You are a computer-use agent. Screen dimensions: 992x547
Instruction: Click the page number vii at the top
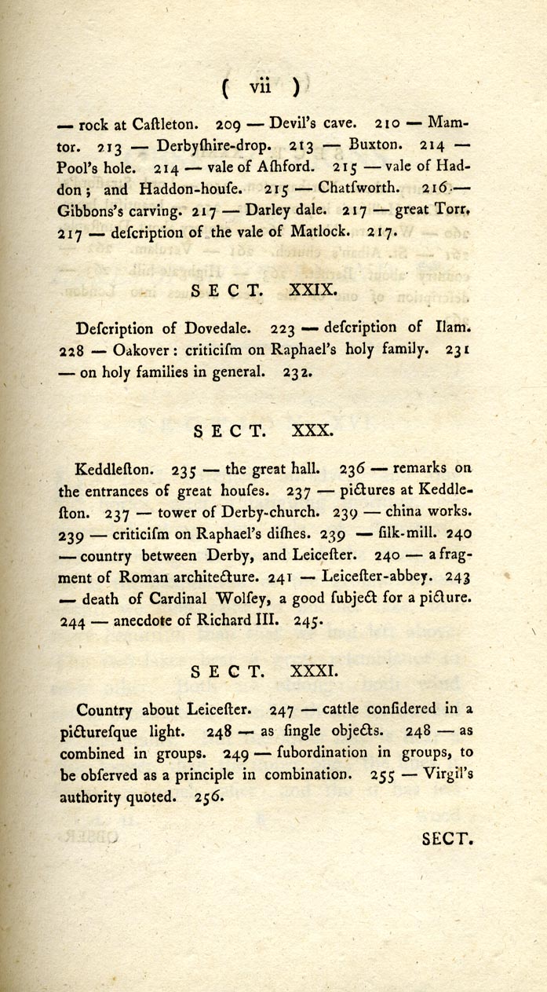[259, 88]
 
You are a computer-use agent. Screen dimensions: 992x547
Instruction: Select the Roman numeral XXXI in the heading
[316, 672]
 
